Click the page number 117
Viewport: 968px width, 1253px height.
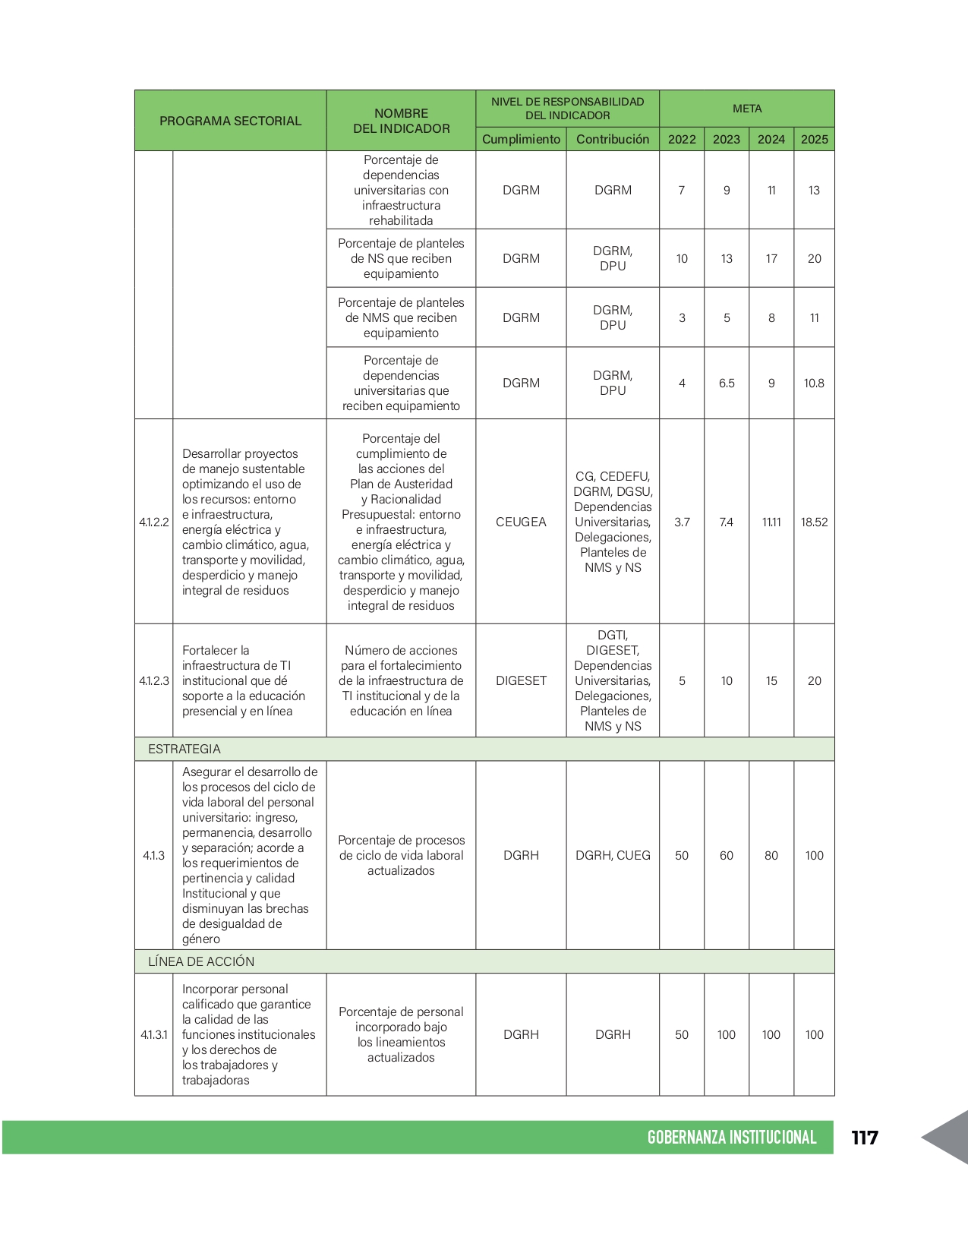pyautogui.click(x=864, y=1137)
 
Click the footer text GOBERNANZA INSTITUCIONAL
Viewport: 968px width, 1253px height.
pyautogui.click(x=731, y=1137)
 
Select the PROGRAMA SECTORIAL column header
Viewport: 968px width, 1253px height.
pyautogui.click(x=230, y=121)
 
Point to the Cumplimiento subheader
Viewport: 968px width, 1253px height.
pyautogui.click(x=521, y=139)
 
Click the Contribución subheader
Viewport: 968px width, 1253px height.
pyautogui.click(x=613, y=139)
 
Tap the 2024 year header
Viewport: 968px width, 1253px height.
pyautogui.click(x=771, y=139)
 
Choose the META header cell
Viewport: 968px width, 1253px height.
pyautogui.click(x=747, y=109)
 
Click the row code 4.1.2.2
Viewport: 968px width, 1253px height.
pyautogui.click(x=154, y=522)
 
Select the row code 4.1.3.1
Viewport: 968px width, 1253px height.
pyautogui.click(x=154, y=1034)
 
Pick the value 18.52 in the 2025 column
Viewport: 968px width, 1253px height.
pyautogui.click(x=814, y=522)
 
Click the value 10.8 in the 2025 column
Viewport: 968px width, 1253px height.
pyautogui.click(x=814, y=383)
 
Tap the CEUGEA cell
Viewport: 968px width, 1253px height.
pyautogui.click(x=521, y=522)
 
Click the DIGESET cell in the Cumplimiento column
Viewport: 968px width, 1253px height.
pyautogui.click(x=521, y=680)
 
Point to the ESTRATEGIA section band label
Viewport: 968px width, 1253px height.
pyautogui.click(x=184, y=749)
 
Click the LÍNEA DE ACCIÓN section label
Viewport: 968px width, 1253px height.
pyautogui.click(x=201, y=961)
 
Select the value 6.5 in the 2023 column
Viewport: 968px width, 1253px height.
pyautogui.click(x=727, y=383)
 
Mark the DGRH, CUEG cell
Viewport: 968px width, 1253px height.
pyautogui.click(x=613, y=855)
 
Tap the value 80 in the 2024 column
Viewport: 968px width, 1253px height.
pyautogui.click(x=771, y=855)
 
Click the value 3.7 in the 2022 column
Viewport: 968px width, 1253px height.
pyautogui.click(x=682, y=522)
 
